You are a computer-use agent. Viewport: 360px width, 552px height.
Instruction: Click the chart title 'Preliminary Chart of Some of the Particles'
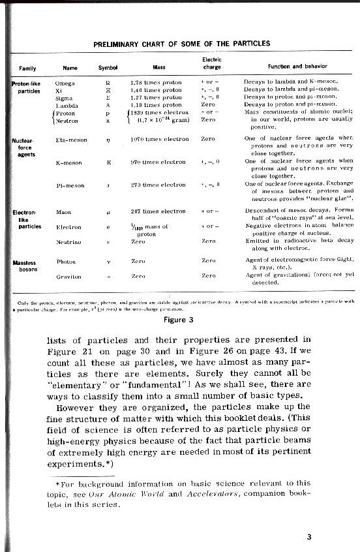(x=181, y=44)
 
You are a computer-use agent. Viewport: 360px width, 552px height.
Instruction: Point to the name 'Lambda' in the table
(x=67, y=104)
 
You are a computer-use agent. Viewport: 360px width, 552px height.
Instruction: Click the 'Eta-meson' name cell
(x=70, y=139)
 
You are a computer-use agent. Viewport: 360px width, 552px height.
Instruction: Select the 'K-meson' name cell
(x=68, y=161)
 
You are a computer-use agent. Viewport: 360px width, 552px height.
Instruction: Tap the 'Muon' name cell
(x=63, y=211)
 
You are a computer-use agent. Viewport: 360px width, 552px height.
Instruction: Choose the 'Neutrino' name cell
(x=67, y=241)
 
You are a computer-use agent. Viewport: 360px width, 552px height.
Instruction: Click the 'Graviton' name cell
(x=68, y=277)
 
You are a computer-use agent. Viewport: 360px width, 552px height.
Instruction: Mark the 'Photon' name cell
(x=66, y=261)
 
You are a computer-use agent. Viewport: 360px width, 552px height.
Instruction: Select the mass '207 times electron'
(x=158, y=211)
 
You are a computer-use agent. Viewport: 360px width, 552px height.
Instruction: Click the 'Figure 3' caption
(x=180, y=320)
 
